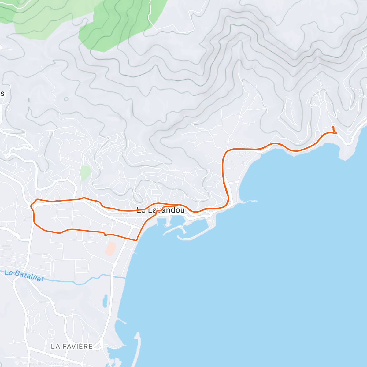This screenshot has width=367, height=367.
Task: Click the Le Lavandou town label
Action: pyautogui.click(x=161, y=210)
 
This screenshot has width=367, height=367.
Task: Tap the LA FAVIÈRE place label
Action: pyautogui.click(x=72, y=346)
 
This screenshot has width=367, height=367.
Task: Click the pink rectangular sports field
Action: pyautogui.click(x=110, y=249)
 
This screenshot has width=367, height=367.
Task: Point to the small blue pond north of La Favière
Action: pyautogui.click(x=105, y=301)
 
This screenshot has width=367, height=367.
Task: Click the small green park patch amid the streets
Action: pyautogui.click(x=85, y=173)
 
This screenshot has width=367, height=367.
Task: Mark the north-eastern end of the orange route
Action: pyautogui.click(x=332, y=126)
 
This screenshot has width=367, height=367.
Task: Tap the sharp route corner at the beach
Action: pyautogui.click(x=136, y=240)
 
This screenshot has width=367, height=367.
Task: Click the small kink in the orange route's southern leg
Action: pyautogui.click(x=105, y=235)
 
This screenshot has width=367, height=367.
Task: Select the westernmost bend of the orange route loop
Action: pyautogui.click(x=31, y=206)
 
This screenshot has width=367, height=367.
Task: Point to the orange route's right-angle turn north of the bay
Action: pyautogui.click(x=226, y=151)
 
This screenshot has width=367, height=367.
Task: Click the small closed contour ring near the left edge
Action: pyautogui.click(x=66, y=99)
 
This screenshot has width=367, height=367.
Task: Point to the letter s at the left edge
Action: pyautogui.click(x=2, y=94)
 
